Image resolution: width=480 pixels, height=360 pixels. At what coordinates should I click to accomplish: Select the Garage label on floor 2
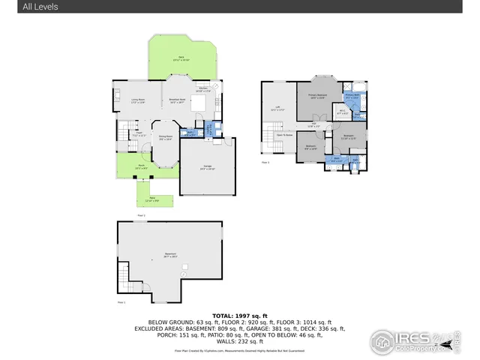208,168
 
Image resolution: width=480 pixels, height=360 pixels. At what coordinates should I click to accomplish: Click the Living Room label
138,100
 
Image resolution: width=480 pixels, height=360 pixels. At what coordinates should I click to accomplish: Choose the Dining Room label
165,137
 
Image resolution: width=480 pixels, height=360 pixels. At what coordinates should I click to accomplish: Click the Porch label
140,166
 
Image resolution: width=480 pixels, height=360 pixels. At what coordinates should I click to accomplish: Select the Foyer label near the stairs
139,134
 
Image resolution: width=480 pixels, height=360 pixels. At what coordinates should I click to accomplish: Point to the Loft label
277,108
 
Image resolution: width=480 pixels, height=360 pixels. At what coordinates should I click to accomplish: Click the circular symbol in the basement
182,274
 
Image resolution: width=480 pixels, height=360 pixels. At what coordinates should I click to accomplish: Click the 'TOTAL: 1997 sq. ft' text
239,316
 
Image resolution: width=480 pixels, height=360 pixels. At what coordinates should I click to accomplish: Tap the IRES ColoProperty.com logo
412,340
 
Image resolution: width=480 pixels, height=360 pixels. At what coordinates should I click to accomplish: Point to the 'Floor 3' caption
265,162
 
